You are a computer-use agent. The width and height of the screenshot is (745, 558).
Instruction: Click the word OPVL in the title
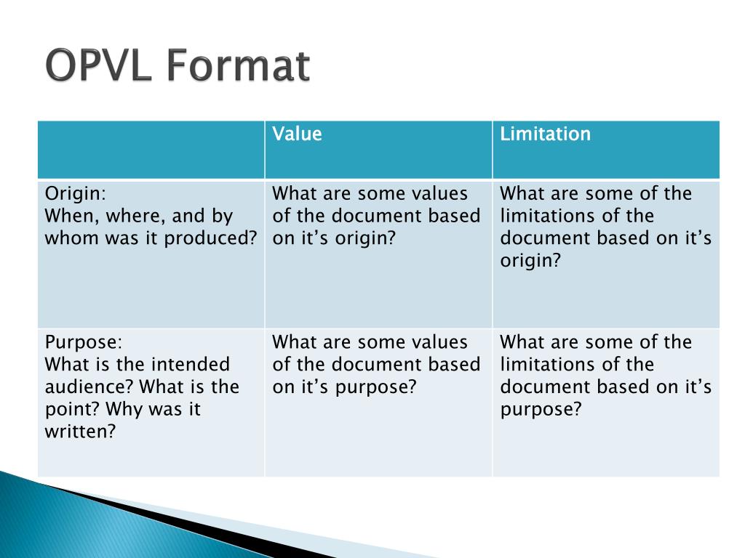click(x=98, y=65)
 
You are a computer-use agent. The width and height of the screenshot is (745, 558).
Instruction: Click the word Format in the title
click(x=239, y=65)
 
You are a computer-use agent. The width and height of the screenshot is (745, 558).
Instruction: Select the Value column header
click(x=297, y=134)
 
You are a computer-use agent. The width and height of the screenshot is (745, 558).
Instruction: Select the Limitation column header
click(x=545, y=134)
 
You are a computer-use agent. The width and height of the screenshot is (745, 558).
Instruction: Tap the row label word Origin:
click(x=76, y=194)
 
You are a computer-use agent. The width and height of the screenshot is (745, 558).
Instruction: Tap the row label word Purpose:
click(x=84, y=343)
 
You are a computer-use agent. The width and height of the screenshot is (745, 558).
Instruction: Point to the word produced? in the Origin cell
click(x=210, y=238)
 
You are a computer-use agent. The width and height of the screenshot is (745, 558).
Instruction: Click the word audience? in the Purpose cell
click(x=89, y=387)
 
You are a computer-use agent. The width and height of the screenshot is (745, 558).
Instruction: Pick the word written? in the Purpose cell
click(x=80, y=432)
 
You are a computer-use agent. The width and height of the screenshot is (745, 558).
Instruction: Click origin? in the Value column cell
click(x=365, y=238)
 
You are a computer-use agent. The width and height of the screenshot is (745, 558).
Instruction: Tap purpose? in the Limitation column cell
click(x=541, y=410)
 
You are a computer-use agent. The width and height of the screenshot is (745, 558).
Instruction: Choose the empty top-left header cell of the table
click(x=151, y=150)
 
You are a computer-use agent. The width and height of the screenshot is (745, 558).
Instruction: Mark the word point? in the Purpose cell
click(x=73, y=410)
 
